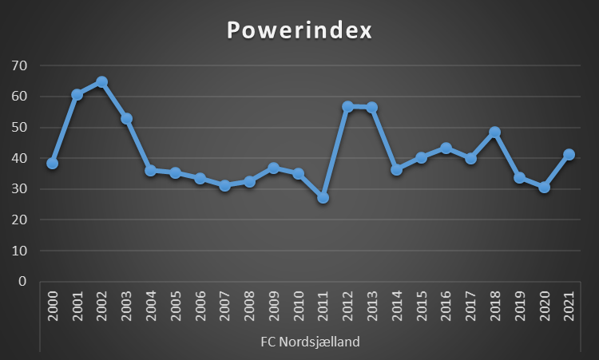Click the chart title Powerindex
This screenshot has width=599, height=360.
coord(299,30)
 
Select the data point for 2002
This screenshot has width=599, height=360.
coord(101,82)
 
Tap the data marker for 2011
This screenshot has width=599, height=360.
coord(323,197)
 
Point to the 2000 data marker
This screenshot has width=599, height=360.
coord(53,163)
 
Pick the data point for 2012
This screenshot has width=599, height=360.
coord(347,106)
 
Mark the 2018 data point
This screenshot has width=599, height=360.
coord(495,133)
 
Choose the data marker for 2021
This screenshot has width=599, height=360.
coord(569,155)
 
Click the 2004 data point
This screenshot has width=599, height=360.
coord(151,170)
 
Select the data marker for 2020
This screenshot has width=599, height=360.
coord(544,188)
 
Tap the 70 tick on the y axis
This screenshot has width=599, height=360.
coord(18,65)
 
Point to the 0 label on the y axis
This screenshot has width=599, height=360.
coord(22,282)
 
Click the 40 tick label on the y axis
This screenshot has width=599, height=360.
coord(18,158)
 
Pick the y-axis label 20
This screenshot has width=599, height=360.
coord(18,220)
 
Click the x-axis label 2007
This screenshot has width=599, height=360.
coord(224,307)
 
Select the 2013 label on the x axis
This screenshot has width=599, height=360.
coord(372,307)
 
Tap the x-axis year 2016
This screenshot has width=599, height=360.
coord(446,307)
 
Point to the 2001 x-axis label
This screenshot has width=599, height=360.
coord(77,307)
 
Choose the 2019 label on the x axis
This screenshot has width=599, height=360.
coord(520,307)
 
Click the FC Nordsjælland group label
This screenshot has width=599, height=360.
coord(310,342)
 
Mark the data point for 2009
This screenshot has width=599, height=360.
coord(274,168)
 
